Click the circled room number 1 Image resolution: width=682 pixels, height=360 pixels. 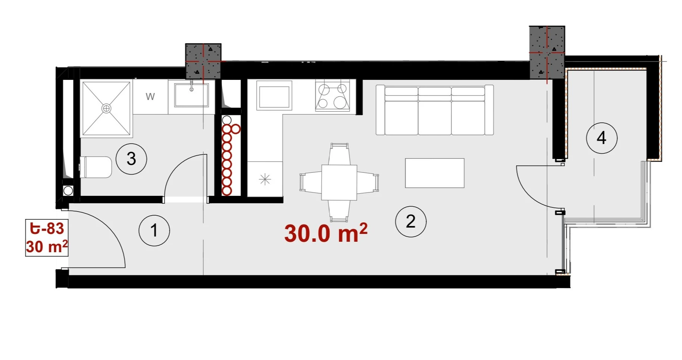[154, 230]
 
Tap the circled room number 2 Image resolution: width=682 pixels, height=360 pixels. [411, 222]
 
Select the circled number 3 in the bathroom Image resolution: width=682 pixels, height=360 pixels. [131, 159]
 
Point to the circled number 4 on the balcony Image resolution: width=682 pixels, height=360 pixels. [602, 138]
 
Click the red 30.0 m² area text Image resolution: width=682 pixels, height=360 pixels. [326, 233]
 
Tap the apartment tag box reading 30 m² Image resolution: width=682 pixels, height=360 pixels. [47, 238]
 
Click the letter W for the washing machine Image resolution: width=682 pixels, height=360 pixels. [150, 97]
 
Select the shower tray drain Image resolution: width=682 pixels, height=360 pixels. [106, 109]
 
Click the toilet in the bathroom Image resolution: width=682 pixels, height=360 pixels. [96, 167]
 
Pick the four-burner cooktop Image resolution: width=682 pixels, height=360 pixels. [332, 96]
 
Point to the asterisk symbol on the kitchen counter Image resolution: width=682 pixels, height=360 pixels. [265, 179]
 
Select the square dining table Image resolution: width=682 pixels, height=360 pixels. [339, 182]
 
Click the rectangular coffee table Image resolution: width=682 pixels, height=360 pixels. [435, 173]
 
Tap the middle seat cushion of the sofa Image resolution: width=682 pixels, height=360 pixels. [435, 117]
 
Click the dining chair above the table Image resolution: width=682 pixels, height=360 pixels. [340, 154]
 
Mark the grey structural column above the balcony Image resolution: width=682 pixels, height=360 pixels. [547, 53]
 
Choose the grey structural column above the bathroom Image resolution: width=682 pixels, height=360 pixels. [203, 61]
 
